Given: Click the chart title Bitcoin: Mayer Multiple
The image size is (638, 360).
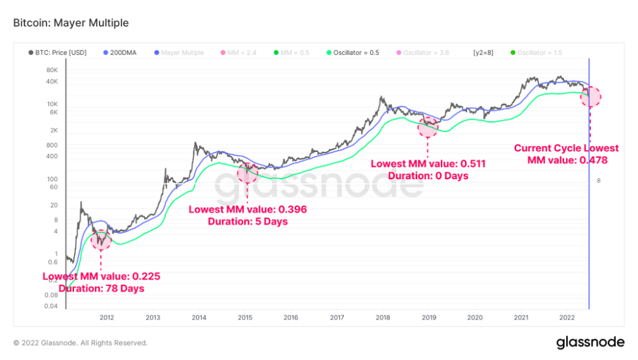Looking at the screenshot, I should (71, 23).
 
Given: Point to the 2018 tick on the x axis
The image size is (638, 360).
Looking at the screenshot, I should (383, 317).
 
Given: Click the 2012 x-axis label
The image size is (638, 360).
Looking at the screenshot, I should (107, 317).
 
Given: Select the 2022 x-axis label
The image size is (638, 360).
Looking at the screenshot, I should (567, 317).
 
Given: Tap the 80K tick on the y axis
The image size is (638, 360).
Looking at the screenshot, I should (52, 69).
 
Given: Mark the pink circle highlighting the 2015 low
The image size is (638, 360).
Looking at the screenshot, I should (247, 173).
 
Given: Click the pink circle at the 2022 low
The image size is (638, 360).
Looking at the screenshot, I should (590, 96).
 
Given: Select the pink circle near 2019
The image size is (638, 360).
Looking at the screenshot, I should (428, 127).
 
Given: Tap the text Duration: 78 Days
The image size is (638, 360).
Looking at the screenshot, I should (101, 288).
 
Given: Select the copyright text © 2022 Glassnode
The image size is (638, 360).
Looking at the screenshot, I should (80, 342).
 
